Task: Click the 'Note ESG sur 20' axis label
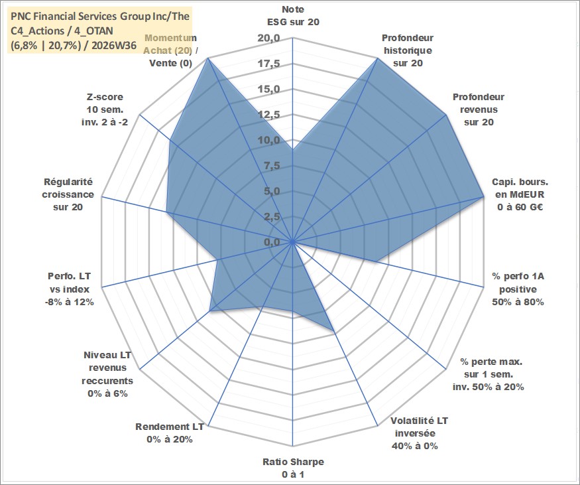click(293, 15)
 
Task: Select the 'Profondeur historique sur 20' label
click(408, 50)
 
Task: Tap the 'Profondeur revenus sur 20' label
click(479, 109)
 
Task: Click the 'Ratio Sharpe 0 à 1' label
click(293, 468)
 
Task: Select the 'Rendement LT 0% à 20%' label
click(170, 433)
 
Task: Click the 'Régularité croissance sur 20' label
click(68, 194)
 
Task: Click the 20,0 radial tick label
click(269, 38)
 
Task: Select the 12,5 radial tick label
click(269, 115)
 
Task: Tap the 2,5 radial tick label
click(272, 217)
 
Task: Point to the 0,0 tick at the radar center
click(272, 242)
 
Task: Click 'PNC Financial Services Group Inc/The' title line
click(100, 17)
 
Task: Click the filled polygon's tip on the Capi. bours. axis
click(483, 197)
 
